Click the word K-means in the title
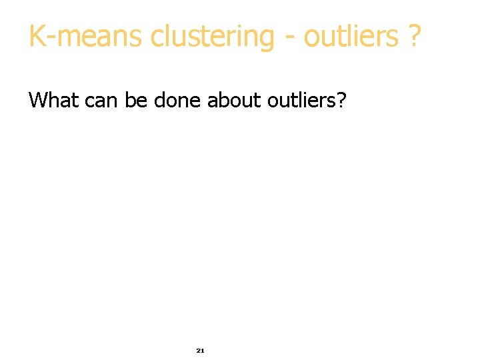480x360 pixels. point(85,37)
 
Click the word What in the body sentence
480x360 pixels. point(54,101)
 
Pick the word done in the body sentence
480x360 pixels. point(177,101)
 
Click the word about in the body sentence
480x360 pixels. point(234,101)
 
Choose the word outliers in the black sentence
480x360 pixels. point(302,101)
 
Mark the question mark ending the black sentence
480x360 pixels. point(341,101)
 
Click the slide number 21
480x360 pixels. point(200,350)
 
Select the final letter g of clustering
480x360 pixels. point(267,39)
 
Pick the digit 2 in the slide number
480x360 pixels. point(198,350)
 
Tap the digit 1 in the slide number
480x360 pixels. point(202,350)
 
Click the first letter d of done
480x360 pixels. point(159,101)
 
